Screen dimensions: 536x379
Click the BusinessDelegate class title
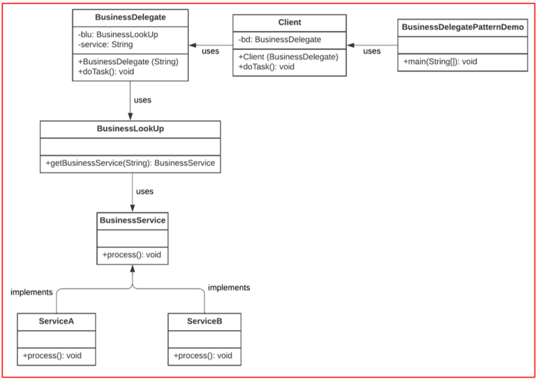pos(131,17)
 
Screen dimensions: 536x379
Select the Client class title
pos(290,22)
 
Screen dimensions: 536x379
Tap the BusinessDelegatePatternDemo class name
pos(463,27)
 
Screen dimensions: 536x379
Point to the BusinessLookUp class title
pos(131,129)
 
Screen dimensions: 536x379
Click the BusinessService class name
pos(133,220)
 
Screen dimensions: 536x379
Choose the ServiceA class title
pos(57,321)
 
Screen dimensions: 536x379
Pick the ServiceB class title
pos(204,321)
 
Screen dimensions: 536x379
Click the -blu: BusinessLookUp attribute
pos(118,34)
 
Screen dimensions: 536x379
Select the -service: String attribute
pos(105,45)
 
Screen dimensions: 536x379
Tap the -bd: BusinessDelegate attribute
pos(280,40)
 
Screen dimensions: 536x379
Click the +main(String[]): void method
pos(440,62)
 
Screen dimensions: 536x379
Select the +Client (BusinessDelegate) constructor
pos(288,57)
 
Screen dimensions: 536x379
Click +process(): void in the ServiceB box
pos(202,355)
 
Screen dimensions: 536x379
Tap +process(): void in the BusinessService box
pos(132,255)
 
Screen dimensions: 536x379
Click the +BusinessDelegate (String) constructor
pos(128,62)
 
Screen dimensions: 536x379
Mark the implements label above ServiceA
pos(31,292)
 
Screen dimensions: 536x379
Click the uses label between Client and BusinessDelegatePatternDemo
pos(372,51)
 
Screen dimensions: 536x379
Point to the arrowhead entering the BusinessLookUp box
pos(130,116)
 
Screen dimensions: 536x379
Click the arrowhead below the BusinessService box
pos(133,269)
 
